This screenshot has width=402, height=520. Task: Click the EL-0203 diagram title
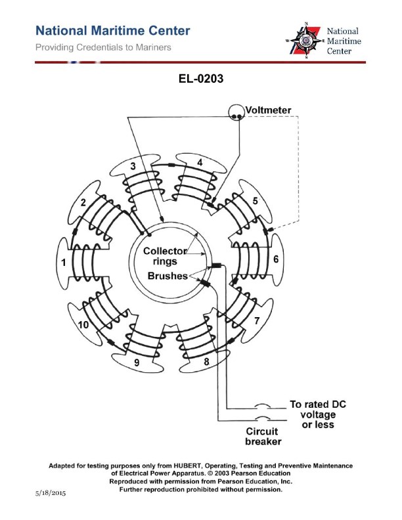click(x=202, y=79)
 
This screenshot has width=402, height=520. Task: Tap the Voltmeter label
click(x=269, y=109)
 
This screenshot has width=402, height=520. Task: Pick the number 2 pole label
click(x=83, y=202)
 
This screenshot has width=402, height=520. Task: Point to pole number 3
click(x=133, y=165)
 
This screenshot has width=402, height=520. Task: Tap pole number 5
click(x=255, y=200)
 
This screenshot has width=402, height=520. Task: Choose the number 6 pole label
click(x=277, y=259)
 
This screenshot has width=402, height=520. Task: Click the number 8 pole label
click(x=206, y=360)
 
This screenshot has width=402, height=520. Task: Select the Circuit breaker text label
click(x=261, y=437)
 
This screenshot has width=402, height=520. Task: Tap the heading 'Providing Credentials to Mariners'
click(x=103, y=47)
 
